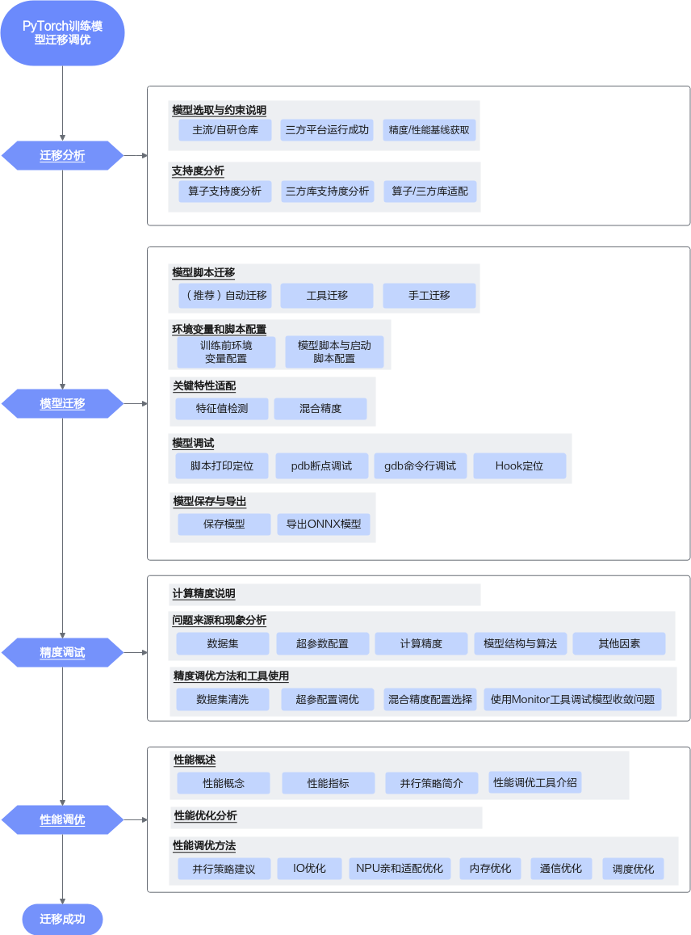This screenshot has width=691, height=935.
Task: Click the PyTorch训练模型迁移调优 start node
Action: (62, 33)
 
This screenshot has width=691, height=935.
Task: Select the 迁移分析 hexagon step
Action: (62, 156)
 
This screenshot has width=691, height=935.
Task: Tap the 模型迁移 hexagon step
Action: (62, 404)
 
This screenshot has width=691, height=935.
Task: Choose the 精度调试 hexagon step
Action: (62, 652)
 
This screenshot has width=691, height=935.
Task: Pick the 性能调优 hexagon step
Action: (62, 820)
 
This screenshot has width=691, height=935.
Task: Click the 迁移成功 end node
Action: (62, 919)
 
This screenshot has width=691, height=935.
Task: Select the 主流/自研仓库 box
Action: (225, 130)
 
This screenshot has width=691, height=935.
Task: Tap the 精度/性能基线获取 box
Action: (429, 130)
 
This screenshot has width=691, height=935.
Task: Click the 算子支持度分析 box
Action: (224, 192)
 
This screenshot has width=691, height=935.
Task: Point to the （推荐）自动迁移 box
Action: (225, 296)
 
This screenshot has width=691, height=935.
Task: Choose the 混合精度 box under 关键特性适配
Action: (320, 408)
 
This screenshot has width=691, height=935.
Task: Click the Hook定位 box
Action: (519, 465)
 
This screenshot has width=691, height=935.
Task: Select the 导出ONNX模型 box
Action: (324, 524)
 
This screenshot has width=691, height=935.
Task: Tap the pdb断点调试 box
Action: (321, 465)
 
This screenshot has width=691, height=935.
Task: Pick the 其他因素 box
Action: (619, 643)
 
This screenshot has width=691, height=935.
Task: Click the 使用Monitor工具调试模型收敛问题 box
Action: (572, 700)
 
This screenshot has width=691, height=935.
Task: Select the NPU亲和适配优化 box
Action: (400, 869)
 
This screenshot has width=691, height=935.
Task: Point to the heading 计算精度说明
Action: (203, 594)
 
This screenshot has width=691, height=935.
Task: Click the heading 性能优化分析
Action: (206, 815)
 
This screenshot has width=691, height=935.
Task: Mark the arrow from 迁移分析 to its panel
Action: (136, 156)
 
